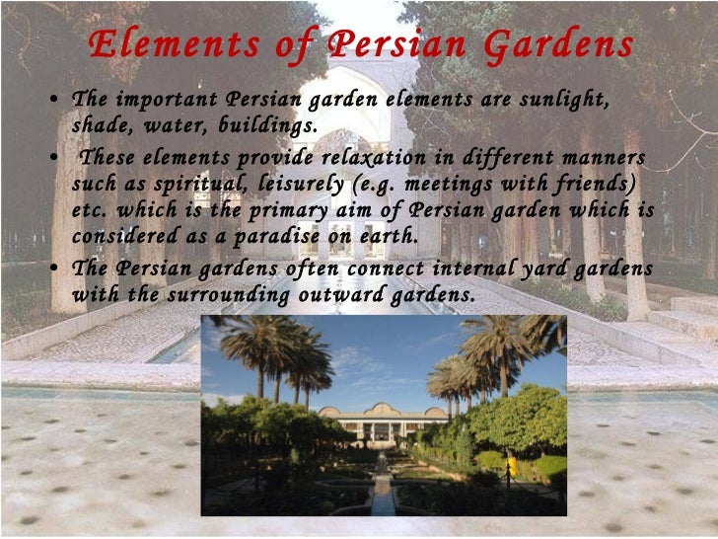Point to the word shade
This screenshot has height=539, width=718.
tap(100, 125)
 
